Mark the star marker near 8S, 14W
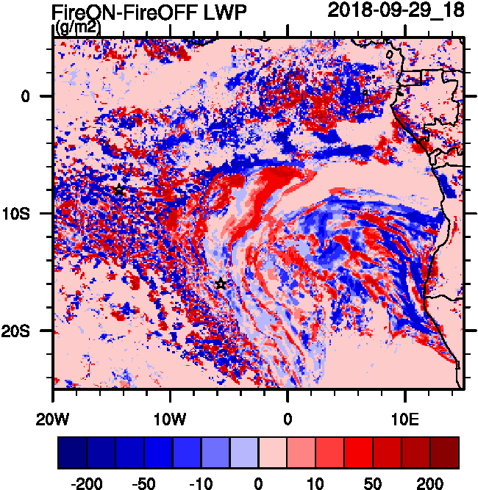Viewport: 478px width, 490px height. pos(119,190)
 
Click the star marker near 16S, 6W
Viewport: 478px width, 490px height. pos(221,284)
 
